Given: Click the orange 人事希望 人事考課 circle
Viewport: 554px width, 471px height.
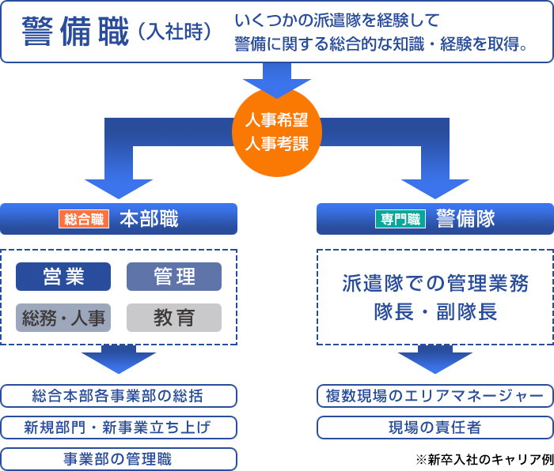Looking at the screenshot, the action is tap(277, 132).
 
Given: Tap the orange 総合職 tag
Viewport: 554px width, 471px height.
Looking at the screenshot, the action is tap(84, 219).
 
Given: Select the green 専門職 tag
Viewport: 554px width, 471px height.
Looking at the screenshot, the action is tap(400, 219).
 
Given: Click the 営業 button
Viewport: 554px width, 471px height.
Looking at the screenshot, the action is tap(63, 277).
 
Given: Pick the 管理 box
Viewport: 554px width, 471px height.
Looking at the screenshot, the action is tap(174, 277).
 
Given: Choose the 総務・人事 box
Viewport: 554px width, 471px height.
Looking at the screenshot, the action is tap(63, 318).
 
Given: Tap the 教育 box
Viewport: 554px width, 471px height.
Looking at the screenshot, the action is tap(174, 318).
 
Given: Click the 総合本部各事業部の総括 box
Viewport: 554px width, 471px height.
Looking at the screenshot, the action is tap(119, 396).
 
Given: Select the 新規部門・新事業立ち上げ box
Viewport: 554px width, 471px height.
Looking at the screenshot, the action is tap(119, 428).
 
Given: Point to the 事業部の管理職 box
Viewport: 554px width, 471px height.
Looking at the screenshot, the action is tap(119, 459).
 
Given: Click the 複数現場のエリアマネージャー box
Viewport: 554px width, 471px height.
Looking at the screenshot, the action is tap(435, 396).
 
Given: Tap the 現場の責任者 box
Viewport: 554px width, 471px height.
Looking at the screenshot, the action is tap(435, 428).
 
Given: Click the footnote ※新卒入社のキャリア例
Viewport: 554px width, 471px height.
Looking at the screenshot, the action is tap(484, 459).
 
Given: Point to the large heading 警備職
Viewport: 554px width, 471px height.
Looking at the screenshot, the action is tap(75, 32).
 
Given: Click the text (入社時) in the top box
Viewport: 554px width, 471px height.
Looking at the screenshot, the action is tap(175, 32).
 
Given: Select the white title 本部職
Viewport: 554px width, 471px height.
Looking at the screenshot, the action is tap(149, 219).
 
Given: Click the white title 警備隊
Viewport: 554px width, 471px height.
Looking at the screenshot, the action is tap(465, 219).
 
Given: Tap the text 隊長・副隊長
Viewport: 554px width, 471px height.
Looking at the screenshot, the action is tap(435, 312).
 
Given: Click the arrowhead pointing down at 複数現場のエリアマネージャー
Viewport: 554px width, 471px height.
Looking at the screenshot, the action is tap(435, 363).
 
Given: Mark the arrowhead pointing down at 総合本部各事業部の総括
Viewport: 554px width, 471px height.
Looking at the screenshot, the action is tap(119, 363).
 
